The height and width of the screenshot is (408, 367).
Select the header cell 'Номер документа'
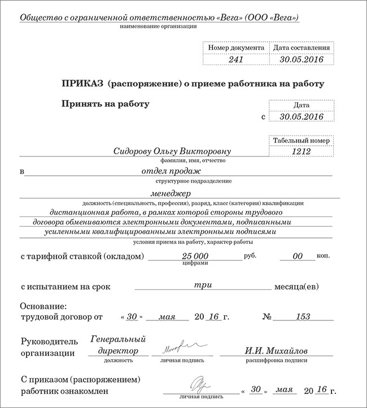tap(235, 48)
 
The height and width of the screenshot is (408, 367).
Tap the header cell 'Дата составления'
tap(300, 48)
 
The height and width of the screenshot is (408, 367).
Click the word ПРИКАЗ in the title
tap(82, 84)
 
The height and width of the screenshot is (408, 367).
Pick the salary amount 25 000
tap(192, 256)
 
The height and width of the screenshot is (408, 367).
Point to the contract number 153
tap(303, 316)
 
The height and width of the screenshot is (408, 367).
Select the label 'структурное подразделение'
tap(184, 181)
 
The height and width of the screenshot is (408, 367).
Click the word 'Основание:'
tap(43, 305)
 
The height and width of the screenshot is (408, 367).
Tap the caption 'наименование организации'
tap(159, 27)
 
